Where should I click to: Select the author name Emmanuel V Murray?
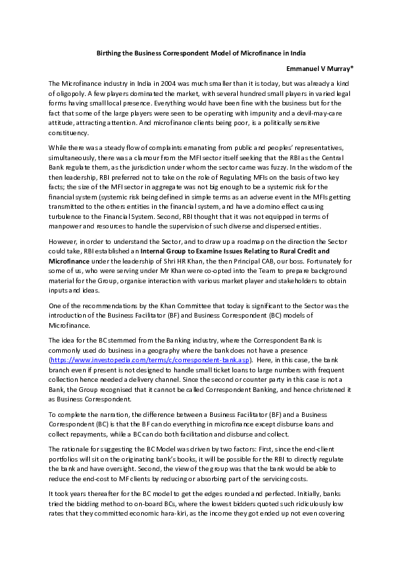click(x=319, y=68)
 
